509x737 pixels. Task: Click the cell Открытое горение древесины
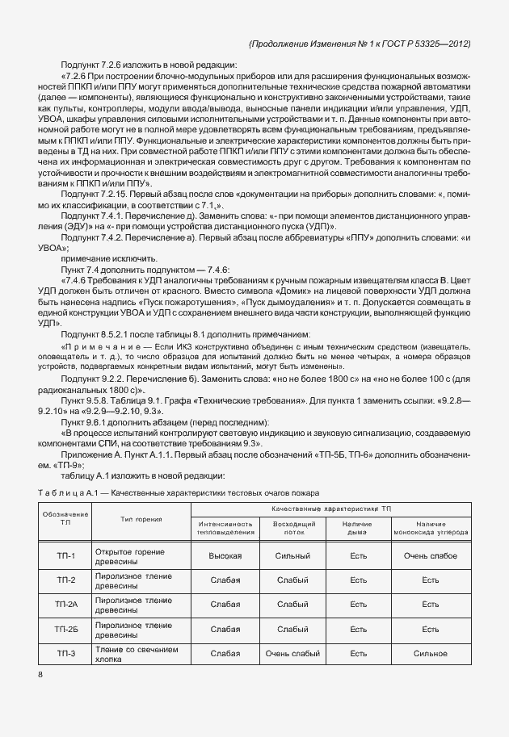click(130, 556)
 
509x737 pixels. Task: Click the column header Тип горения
click(141, 518)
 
